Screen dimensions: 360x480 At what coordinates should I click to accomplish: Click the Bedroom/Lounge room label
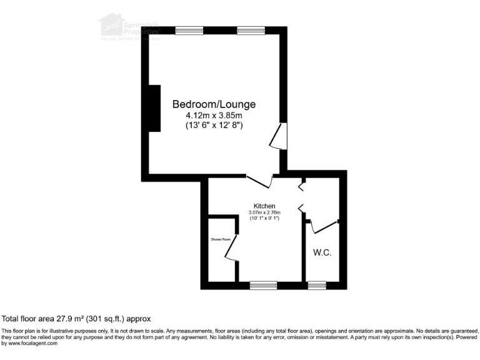pos(214,104)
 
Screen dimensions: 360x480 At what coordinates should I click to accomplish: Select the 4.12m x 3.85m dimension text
pos(214,116)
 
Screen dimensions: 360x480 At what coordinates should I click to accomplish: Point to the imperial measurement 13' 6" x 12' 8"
pos(214,126)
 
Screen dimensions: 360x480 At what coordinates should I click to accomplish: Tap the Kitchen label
pos(264,206)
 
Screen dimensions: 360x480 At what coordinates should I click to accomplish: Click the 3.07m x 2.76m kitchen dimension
pos(264,212)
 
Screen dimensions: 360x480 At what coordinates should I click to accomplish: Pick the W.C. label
pos(322,252)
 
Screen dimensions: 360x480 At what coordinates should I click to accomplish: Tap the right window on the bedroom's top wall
pos(251,29)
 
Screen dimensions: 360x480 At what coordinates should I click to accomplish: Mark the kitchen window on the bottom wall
pos(263,286)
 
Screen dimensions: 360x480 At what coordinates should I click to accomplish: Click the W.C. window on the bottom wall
pos(317,286)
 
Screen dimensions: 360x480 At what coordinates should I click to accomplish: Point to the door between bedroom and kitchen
pos(261,180)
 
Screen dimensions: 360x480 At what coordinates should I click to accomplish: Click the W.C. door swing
pos(323,226)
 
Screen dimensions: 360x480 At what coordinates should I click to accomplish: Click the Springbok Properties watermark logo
pos(129,26)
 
